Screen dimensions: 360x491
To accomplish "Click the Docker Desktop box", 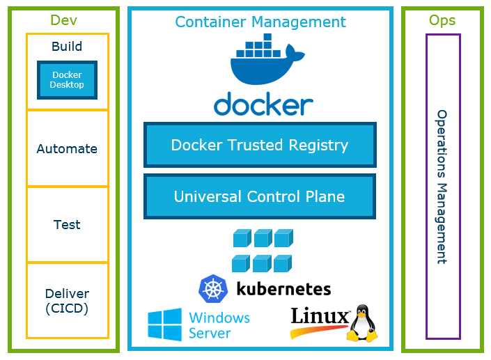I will [x=67, y=80].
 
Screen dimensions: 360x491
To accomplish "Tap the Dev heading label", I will [x=63, y=20].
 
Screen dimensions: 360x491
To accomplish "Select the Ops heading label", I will [x=442, y=20].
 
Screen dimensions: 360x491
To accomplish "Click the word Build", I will [x=67, y=47].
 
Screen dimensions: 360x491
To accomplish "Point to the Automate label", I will [x=67, y=148].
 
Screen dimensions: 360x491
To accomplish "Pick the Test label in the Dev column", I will [x=67, y=225].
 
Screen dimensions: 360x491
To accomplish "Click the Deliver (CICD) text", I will [x=67, y=301].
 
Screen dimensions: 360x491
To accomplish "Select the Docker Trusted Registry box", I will [x=260, y=145].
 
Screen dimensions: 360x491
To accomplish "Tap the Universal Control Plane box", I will [x=260, y=196].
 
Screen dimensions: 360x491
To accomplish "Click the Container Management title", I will [x=260, y=22].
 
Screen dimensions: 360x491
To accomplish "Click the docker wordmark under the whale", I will [x=263, y=105].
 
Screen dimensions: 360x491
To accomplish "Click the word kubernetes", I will [x=283, y=288].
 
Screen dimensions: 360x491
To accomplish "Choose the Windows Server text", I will [x=219, y=325].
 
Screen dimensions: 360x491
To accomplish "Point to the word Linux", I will [x=318, y=318].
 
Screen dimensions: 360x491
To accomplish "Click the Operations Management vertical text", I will [x=442, y=186].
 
